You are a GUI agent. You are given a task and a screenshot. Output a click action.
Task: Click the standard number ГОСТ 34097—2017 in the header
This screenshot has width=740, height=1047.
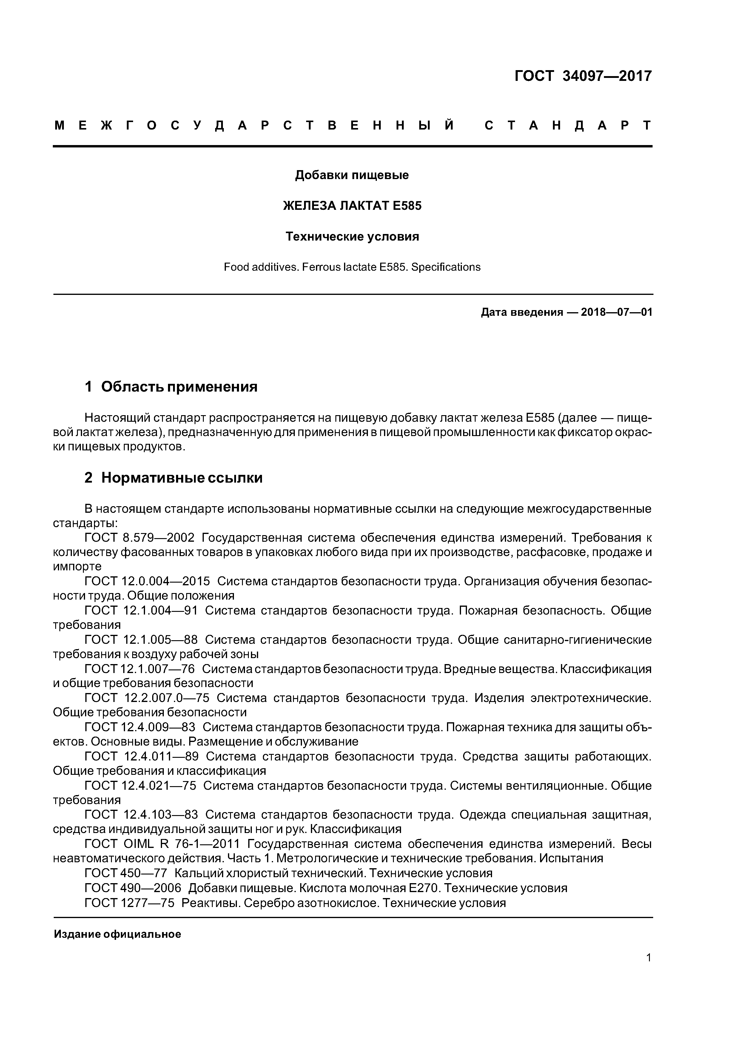583,76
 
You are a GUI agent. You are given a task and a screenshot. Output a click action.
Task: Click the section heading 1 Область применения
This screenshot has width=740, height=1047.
171,387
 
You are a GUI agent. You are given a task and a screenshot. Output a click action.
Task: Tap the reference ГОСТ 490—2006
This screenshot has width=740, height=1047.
133,888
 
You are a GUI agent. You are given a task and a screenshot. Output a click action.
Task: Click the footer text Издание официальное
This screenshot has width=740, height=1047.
118,934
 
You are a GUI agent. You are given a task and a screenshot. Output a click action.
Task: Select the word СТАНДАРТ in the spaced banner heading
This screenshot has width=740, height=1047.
568,125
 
